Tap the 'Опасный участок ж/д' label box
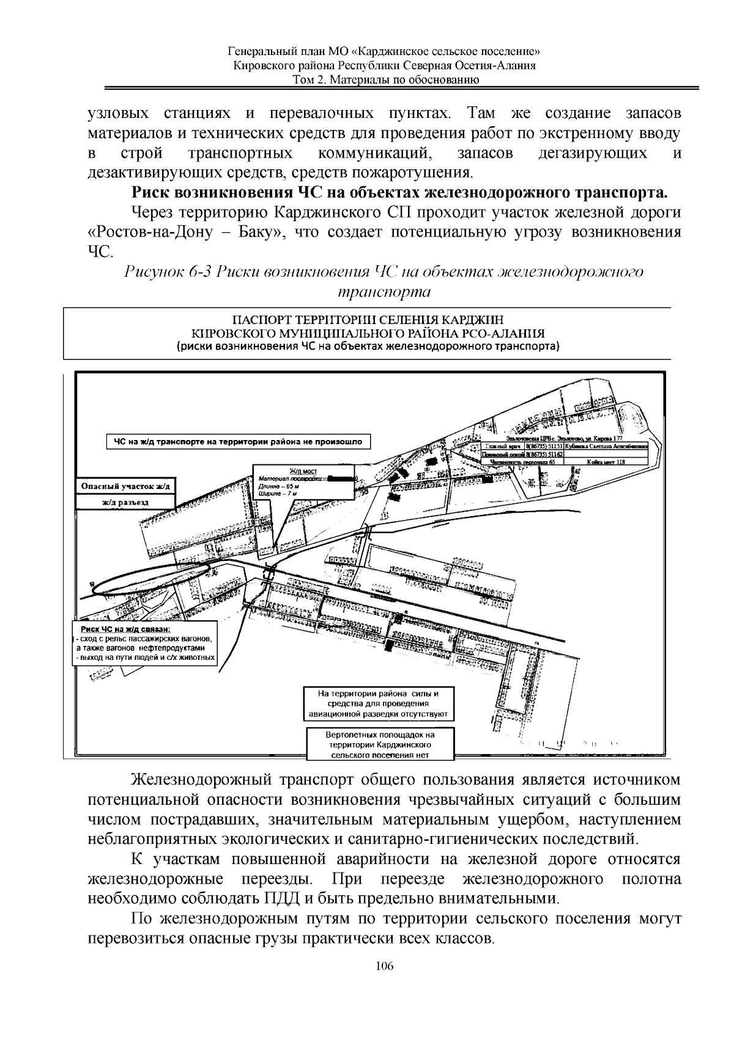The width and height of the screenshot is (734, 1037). (x=125, y=486)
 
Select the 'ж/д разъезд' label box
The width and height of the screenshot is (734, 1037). (x=125, y=502)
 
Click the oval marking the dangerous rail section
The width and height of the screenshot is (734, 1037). (x=150, y=578)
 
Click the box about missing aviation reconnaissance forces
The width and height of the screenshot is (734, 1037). (x=379, y=703)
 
